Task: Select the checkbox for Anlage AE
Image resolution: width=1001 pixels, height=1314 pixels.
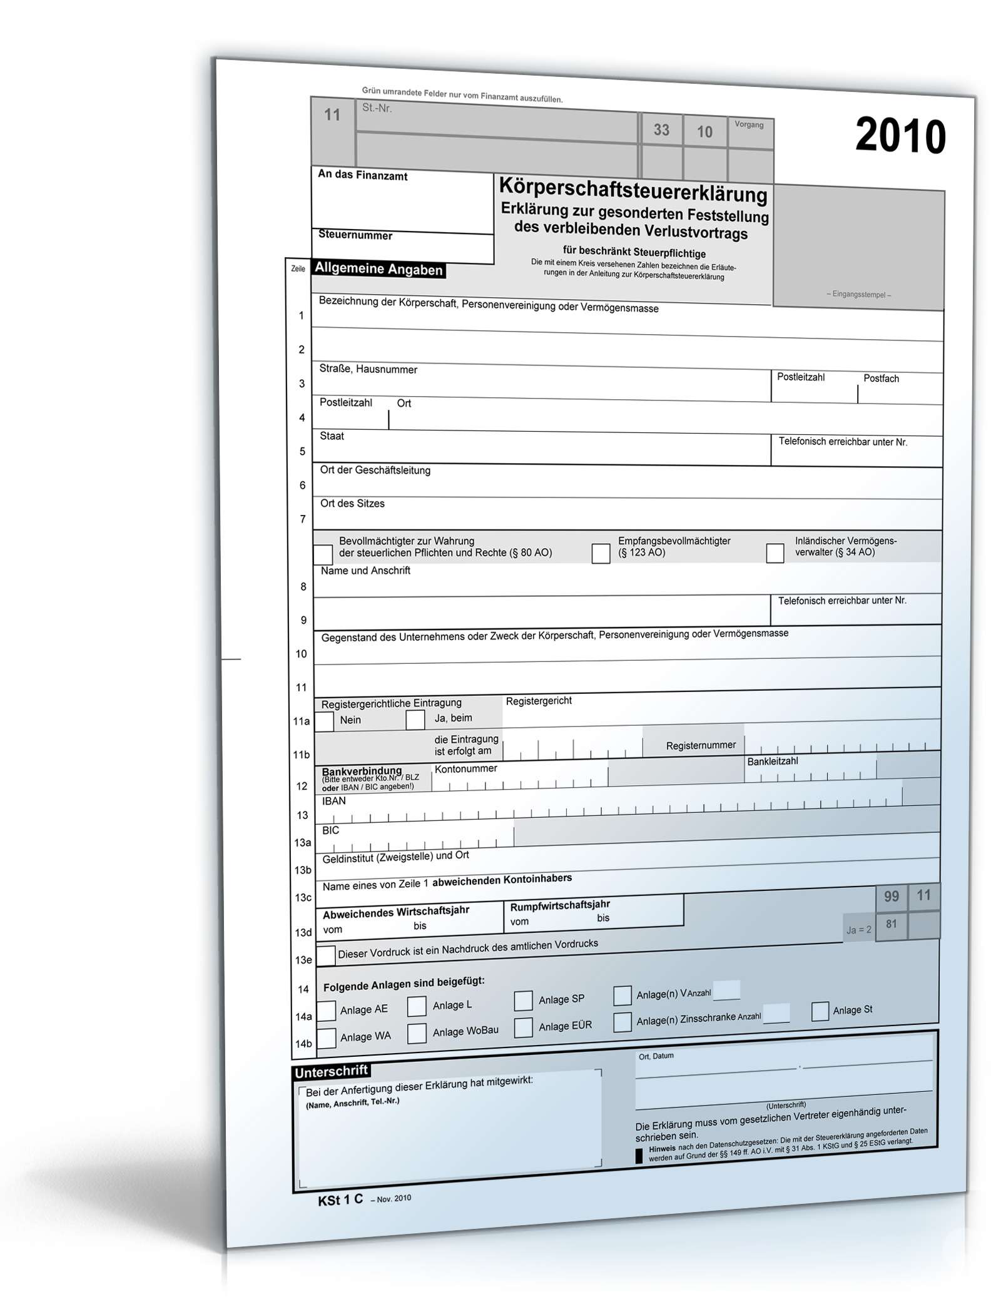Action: click(x=327, y=1011)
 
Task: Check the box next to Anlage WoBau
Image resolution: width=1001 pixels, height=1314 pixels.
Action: click(x=417, y=1033)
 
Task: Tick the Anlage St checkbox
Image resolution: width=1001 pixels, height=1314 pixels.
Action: click(x=820, y=1011)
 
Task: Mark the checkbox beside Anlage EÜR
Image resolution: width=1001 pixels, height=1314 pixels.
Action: click(x=523, y=1027)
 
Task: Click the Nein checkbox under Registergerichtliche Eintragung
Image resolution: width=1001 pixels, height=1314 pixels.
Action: click(x=324, y=721)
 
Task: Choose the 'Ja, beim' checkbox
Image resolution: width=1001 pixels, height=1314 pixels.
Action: click(x=415, y=720)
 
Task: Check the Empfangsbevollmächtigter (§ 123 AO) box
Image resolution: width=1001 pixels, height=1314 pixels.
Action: click(x=601, y=553)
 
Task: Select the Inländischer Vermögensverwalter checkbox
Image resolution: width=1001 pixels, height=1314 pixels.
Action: click(x=775, y=553)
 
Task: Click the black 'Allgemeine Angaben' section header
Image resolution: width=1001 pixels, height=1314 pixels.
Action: click(x=379, y=269)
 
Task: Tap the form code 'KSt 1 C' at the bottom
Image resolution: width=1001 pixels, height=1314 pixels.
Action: click(x=340, y=1199)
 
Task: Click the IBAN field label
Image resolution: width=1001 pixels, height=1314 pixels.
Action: click(x=333, y=801)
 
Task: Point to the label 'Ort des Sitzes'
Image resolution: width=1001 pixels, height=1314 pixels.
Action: click(x=352, y=503)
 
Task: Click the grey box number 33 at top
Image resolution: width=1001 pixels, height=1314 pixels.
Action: click(x=661, y=130)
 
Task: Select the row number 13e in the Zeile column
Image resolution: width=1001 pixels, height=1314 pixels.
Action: click(x=303, y=960)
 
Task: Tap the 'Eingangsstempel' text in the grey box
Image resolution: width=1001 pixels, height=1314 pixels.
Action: click(x=858, y=294)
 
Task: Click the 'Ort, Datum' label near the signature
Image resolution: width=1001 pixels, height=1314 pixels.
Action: click(x=656, y=1056)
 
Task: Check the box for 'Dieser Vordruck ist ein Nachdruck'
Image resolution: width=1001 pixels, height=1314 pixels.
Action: click(x=326, y=955)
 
